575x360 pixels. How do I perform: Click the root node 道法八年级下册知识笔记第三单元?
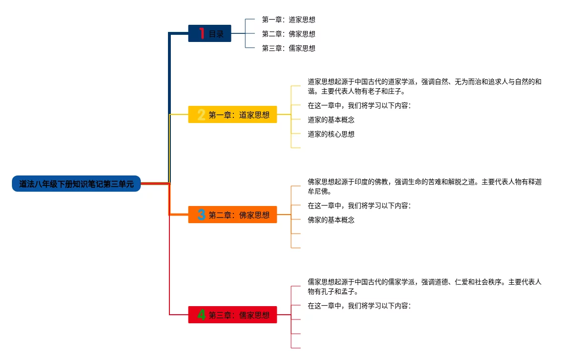click(x=76, y=184)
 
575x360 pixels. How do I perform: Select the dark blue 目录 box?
click(x=209, y=33)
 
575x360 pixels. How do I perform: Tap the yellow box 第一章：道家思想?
click(x=232, y=114)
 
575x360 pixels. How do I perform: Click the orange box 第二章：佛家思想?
click(x=232, y=215)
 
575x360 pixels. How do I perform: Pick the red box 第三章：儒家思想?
click(x=232, y=315)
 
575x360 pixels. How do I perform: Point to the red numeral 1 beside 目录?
click(x=202, y=33)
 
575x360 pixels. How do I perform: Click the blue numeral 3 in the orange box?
click(x=201, y=215)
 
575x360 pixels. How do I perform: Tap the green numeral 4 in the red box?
click(x=201, y=315)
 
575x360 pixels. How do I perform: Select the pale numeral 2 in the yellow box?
click(x=201, y=114)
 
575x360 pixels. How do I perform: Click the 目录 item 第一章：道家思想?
click(x=289, y=20)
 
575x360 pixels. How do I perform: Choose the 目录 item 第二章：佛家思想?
click(x=289, y=34)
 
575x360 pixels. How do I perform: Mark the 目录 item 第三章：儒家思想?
click(x=289, y=48)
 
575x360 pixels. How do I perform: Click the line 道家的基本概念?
click(x=331, y=120)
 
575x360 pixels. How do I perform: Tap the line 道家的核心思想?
click(x=331, y=134)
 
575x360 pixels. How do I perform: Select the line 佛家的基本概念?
click(x=331, y=220)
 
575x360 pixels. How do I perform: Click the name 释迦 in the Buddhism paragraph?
click(x=535, y=182)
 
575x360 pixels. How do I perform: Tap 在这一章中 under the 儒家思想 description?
click(x=324, y=305)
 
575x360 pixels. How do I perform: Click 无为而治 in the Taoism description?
click(x=468, y=82)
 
